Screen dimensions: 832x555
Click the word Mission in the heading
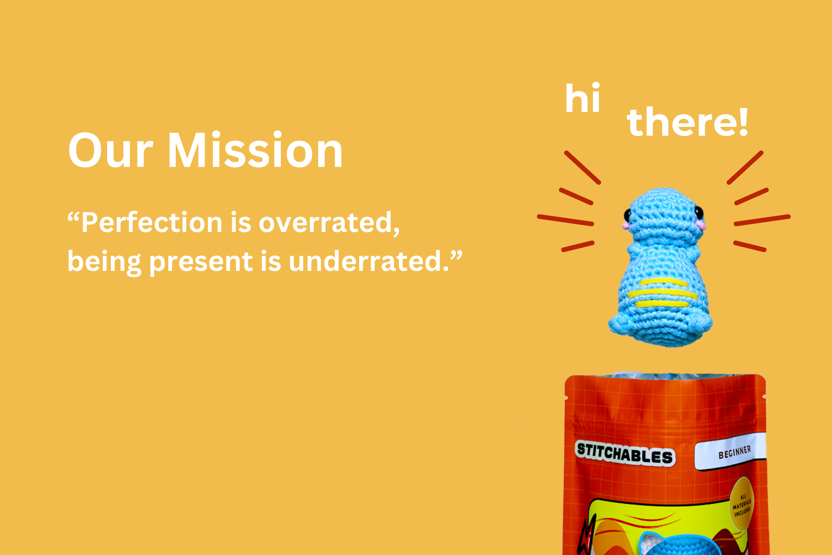(255, 150)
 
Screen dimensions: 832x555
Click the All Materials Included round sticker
(742, 504)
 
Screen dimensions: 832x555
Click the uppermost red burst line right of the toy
(745, 168)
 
